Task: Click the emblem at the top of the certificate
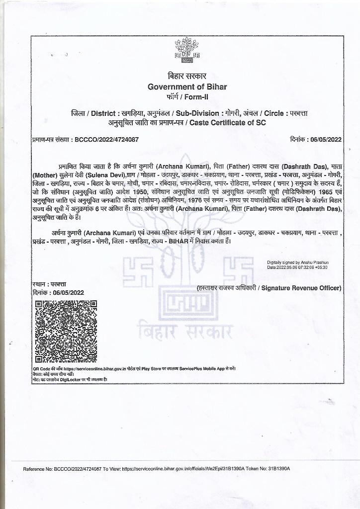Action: [x=186, y=51]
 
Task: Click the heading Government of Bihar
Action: [x=187, y=86]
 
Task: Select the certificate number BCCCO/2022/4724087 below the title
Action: [x=106, y=140]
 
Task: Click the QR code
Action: [x=65, y=331]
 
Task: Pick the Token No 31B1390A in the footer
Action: [x=276, y=469]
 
